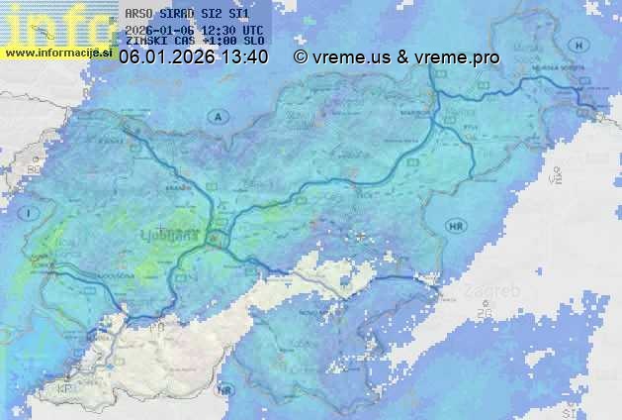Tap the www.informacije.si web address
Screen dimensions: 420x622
(x=58, y=52)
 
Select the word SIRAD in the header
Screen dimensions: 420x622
(x=180, y=15)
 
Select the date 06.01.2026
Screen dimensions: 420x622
(x=163, y=58)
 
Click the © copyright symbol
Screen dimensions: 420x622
(x=301, y=58)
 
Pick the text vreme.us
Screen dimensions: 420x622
(x=351, y=58)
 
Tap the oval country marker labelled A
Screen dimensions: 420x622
(x=217, y=117)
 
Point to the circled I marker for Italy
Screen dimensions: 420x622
(x=31, y=213)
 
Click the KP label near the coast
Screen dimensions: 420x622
(x=66, y=389)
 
